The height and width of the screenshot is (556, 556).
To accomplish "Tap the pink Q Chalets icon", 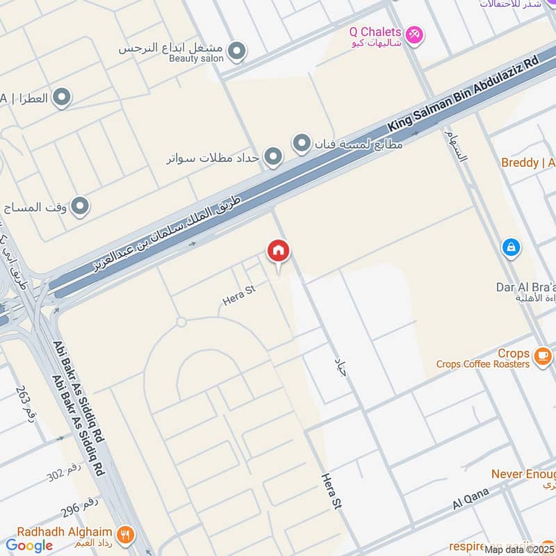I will [414, 33].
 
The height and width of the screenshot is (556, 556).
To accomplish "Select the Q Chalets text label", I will [375, 32].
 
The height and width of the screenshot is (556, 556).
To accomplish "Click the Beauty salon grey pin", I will [237, 51].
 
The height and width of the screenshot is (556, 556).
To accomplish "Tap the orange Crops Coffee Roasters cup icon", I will [543, 357].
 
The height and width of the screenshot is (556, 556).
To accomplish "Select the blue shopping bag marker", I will [511, 247].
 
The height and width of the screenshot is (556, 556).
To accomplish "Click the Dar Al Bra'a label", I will [525, 286].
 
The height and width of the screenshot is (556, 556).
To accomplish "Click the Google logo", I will [29, 546].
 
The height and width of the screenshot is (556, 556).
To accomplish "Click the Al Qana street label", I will [471, 498].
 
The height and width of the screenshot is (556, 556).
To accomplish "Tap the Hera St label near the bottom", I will [332, 492].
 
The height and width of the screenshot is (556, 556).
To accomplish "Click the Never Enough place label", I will [523, 474].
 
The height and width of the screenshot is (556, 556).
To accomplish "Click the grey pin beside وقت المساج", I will [81, 206].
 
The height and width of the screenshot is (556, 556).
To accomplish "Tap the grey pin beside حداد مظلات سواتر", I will [273, 158].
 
